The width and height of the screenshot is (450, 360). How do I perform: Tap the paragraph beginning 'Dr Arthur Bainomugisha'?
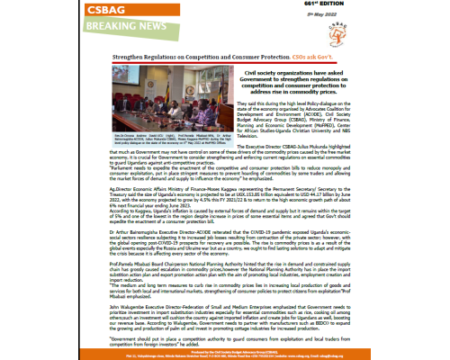pos(225,249)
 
